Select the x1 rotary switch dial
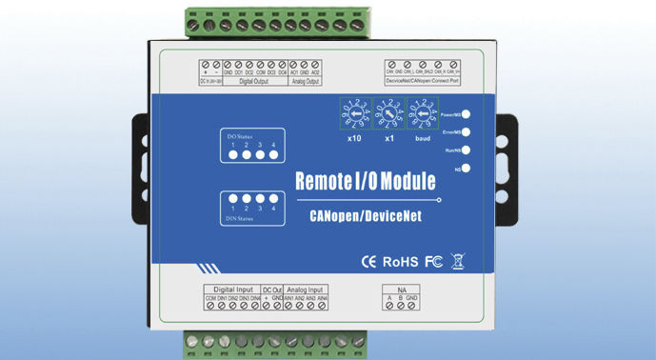[388, 116]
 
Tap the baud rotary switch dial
[421, 116]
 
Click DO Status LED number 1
[231, 153]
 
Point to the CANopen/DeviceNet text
[366, 216]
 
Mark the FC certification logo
[431, 259]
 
